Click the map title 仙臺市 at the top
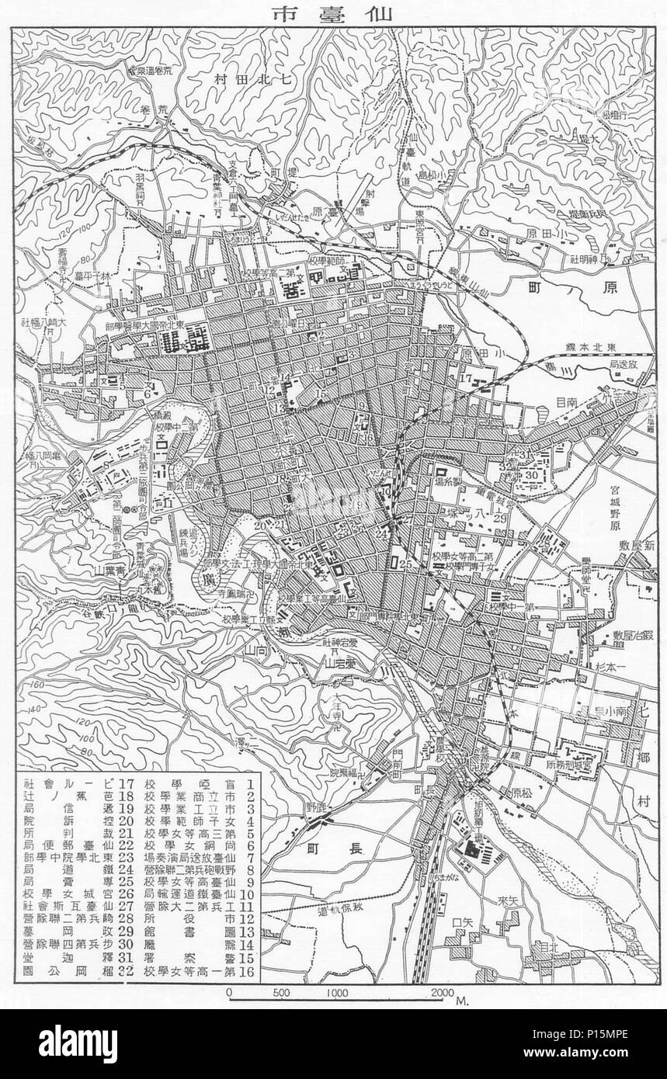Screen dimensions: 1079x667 click(x=333, y=13)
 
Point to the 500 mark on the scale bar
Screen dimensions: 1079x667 click(x=282, y=991)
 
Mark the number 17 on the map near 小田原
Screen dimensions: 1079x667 click(x=466, y=378)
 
